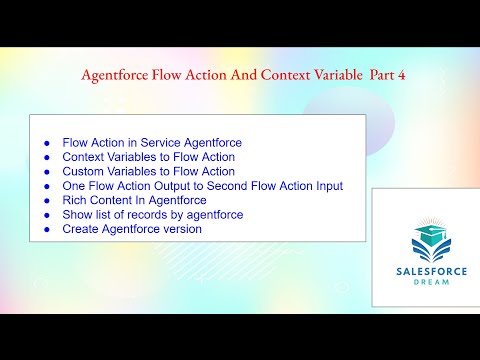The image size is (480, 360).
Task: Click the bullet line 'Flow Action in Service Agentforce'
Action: pyautogui.click(x=151, y=143)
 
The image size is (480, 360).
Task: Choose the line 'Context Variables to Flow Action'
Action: pyautogui.click(x=148, y=157)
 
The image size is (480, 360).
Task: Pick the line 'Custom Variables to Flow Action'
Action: pyautogui.click(x=148, y=172)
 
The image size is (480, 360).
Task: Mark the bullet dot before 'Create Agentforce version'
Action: pyautogui.click(x=46, y=229)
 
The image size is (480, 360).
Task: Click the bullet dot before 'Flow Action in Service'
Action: pyautogui.click(x=46, y=143)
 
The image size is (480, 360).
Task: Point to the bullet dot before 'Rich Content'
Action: pyautogui.click(x=46, y=200)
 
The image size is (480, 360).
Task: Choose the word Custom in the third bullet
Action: pyautogui.click(x=84, y=172)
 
